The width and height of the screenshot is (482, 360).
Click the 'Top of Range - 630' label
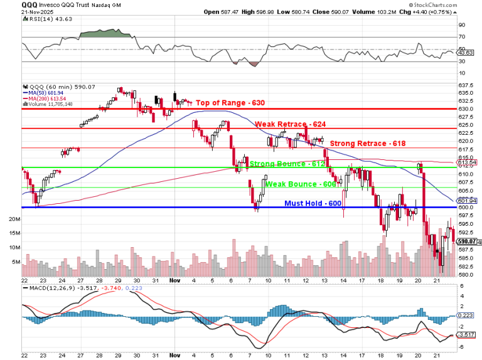click(230, 103)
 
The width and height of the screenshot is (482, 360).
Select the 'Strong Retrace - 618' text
click(368, 144)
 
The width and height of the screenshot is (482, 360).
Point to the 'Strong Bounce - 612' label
click(287, 164)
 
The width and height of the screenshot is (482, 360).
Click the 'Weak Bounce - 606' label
click(301, 184)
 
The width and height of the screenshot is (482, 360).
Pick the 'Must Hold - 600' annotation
click(313, 203)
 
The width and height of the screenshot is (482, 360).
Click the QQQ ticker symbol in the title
click(29, 4)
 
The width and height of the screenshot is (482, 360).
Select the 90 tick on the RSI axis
click(461, 25)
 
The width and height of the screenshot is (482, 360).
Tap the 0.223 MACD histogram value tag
click(466, 315)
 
